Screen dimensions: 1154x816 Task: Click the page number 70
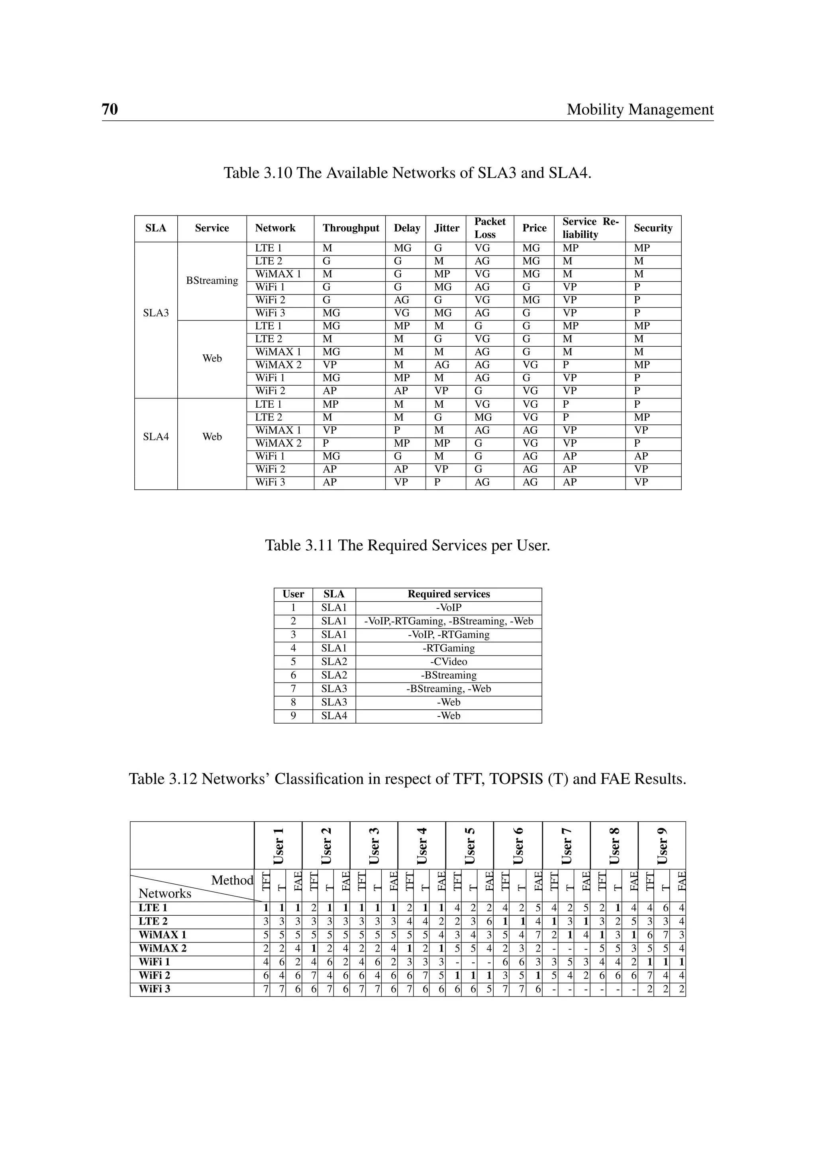(110, 109)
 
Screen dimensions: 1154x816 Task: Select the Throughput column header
(351, 228)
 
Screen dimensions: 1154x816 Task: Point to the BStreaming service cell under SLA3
(212, 281)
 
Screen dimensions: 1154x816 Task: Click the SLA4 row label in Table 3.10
(156, 437)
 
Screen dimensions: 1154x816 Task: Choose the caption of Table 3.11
(408, 546)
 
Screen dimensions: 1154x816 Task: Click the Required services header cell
(448, 594)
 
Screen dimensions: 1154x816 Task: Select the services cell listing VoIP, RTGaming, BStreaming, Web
(448, 621)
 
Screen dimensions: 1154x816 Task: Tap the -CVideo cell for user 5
(448, 662)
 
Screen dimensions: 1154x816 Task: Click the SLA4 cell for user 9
(334, 716)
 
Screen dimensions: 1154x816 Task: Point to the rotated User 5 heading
(469, 846)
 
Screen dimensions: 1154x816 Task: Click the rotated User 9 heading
(662, 846)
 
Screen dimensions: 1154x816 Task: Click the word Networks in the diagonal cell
(165, 894)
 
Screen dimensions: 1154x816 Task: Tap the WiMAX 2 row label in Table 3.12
(162, 948)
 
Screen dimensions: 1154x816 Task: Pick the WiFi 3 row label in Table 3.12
(154, 989)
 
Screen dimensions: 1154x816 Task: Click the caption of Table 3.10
(408, 173)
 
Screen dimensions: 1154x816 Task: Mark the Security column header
(653, 228)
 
